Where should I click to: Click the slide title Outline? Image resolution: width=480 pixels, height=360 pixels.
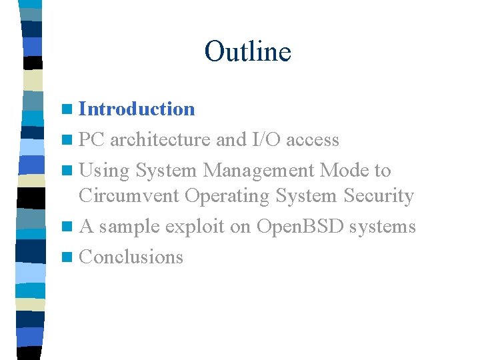tap(247, 51)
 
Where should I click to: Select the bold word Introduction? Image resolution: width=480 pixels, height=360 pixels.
tap(137, 109)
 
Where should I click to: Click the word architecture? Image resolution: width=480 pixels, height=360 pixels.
tap(160, 140)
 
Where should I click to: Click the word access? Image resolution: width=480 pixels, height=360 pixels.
tap(314, 140)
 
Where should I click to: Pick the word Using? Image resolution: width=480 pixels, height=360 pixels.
tap(104, 171)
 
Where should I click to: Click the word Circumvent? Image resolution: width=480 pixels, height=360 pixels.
tap(129, 196)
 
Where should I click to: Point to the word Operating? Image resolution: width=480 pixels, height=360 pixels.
tap(227, 197)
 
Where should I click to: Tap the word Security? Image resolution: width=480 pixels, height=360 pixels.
tap(379, 196)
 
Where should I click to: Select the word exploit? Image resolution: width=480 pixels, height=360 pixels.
tap(195, 227)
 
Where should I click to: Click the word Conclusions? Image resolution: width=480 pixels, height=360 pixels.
tap(131, 257)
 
